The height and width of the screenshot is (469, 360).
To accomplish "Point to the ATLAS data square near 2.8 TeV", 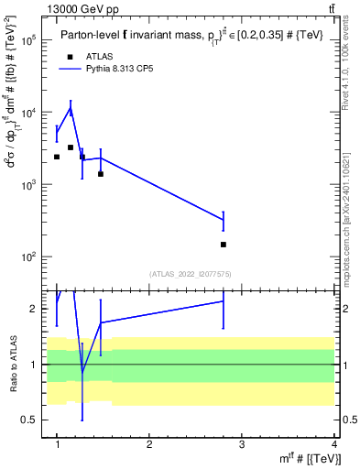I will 224,245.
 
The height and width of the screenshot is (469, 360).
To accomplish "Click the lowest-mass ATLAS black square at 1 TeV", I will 57,157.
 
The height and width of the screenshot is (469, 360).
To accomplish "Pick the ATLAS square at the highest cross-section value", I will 71,147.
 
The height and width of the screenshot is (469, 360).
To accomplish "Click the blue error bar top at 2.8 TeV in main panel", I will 224,213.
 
